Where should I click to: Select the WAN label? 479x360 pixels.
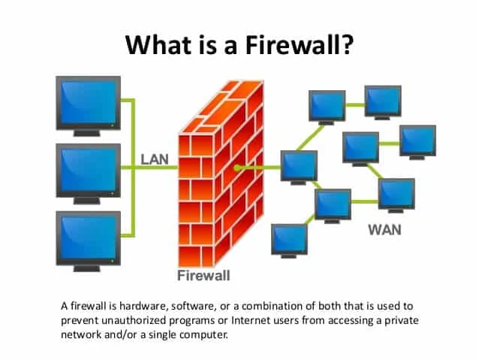[x=384, y=229]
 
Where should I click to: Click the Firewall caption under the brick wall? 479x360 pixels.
[x=203, y=275]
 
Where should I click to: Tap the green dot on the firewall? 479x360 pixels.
[x=236, y=167]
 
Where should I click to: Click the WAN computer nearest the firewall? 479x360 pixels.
[x=299, y=168]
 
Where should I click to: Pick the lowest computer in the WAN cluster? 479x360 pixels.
[x=289, y=240]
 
